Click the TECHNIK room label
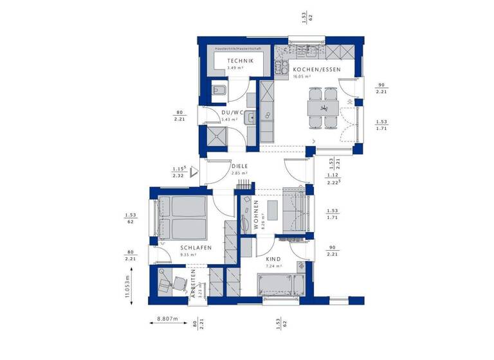coord(240,61)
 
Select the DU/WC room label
coord(230,113)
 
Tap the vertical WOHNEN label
coord(255,215)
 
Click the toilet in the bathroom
coord(219,92)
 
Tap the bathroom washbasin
coord(250,117)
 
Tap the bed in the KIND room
coord(282,283)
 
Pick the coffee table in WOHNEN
coord(272,213)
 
